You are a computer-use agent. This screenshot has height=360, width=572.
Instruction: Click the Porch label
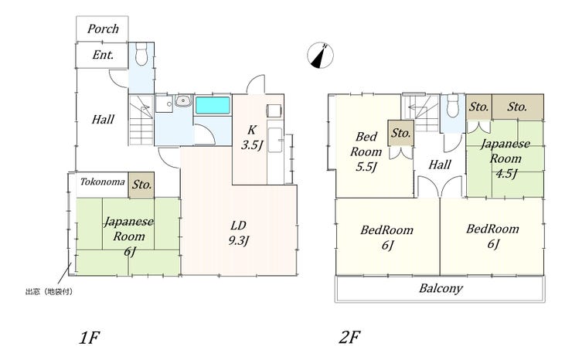pos(103,29)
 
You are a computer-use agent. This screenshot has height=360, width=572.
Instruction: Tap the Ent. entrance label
pos(103,55)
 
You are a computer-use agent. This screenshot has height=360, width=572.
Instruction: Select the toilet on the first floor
pos(141,53)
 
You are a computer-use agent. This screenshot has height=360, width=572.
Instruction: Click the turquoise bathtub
pos(213,105)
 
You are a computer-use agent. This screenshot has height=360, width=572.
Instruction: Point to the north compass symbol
pos(320,56)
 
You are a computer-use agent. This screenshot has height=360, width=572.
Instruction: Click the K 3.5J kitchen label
pos(252,138)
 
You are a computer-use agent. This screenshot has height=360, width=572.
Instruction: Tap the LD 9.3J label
pos(238,233)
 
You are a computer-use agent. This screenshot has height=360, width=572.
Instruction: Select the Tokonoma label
pos(103,182)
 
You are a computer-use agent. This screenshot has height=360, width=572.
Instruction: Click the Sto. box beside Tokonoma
pos(141,185)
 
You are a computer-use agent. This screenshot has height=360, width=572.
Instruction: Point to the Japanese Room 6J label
pos(129,236)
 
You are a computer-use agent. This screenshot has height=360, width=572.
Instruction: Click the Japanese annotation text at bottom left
pos(49,292)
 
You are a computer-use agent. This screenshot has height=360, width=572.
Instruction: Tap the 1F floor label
pos(90,338)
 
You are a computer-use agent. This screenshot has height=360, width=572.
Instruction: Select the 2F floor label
pos(349,337)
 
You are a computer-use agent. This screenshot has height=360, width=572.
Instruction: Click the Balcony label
pos(441,288)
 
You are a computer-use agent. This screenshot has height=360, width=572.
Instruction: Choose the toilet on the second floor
pos(453,106)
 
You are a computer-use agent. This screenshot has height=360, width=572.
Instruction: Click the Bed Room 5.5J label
pos(366,151)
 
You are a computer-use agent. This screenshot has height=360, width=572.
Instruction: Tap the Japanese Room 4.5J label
pos(506,158)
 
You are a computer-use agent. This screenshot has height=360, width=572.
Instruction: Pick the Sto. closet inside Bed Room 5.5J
pos(400,133)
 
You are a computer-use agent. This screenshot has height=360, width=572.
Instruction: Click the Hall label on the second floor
pos(440,165)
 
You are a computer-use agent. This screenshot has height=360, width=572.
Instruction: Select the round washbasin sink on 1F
pos(182,100)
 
